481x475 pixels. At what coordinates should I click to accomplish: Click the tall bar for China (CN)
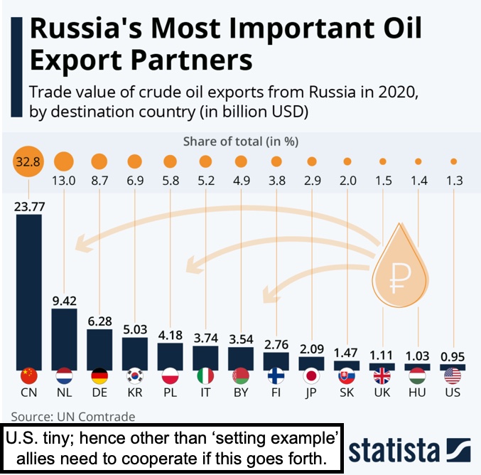point(28,284)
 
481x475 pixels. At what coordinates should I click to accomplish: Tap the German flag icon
point(99,375)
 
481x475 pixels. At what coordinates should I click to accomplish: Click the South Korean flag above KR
point(134,375)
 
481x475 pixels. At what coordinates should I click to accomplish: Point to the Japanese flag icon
point(311,375)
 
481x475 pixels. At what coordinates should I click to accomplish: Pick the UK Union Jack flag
point(382,375)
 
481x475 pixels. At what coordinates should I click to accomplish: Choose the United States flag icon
point(453,375)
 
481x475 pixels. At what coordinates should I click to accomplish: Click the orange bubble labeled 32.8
point(29,161)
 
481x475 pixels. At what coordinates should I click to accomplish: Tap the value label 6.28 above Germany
point(99,321)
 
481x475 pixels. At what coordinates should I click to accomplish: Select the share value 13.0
point(64,181)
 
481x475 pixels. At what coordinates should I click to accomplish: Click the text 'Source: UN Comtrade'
point(73,416)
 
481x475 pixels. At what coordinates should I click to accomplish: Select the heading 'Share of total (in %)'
point(240,141)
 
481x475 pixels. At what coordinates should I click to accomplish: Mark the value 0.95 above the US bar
point(453,356)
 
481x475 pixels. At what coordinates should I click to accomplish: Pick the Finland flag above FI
point(276,375)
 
